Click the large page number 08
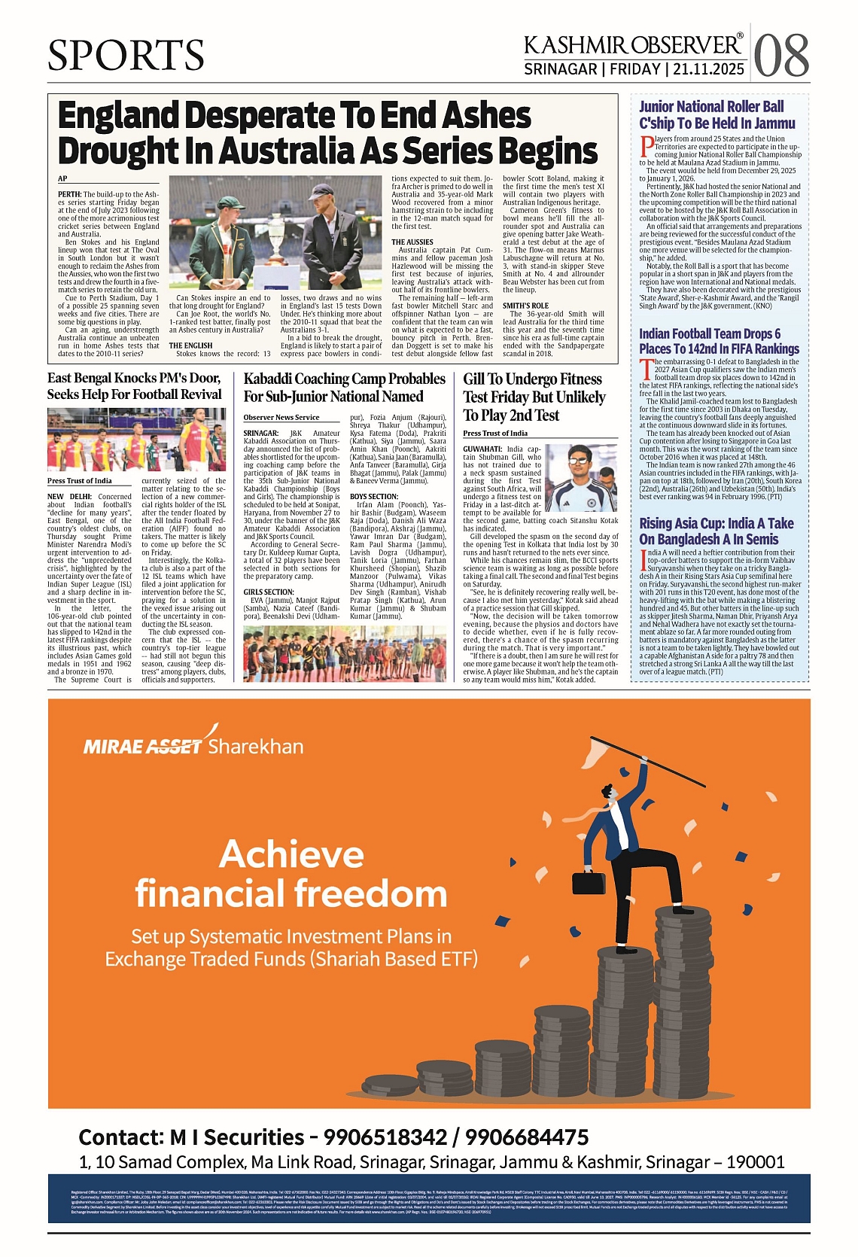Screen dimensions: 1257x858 pos(781,56)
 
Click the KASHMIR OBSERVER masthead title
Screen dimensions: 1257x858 pos(633,45)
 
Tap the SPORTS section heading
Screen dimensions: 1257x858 pos(126,55)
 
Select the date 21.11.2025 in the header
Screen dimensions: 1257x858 pos(709,69)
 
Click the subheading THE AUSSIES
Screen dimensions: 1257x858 pos(412,242)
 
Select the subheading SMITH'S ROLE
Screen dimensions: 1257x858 pos(525,306)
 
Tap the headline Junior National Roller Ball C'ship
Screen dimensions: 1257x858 pos(717,115)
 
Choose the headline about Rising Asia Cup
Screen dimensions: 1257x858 pos(716,531)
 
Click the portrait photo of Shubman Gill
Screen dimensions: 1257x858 pos(580,479)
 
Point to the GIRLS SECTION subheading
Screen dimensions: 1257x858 pos(268,592)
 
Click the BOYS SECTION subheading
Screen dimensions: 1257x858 pos(373,497)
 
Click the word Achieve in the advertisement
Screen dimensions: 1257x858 pos(291,854)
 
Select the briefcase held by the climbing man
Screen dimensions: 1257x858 pos(589,881)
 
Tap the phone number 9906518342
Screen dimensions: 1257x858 pos(386,1137)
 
